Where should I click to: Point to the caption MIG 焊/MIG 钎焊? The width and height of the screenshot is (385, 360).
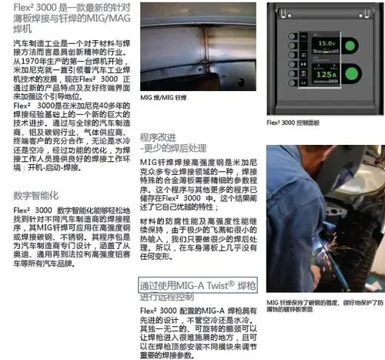pos(165,119)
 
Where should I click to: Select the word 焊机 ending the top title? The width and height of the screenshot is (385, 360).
pos(15,27)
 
